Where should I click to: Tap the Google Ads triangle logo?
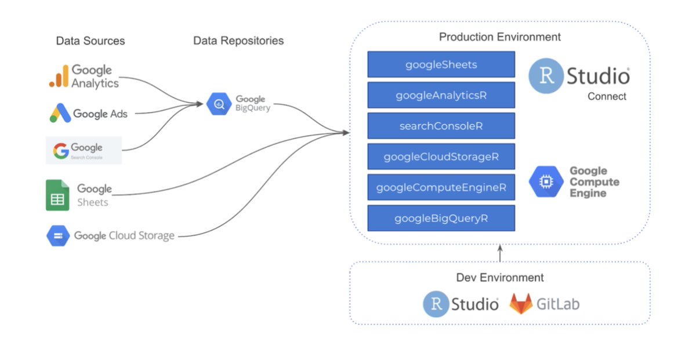click(60, 113)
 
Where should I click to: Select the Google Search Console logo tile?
click(84, 151)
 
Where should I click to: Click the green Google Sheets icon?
click(57, 195)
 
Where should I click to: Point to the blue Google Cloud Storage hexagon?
click(57, 236)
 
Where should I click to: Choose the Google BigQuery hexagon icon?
click(219, 104)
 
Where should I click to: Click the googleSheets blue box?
click(441, 64)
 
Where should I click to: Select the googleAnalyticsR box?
click(441, 95)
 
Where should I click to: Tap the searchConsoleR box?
click(441, 126)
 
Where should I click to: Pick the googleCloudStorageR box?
click(441, 157)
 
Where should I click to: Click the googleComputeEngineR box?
click(441, 187)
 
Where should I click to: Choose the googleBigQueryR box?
click(441, 218)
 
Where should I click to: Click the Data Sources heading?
click(90, 41)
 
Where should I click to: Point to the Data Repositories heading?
click(238, 41)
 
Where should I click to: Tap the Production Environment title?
click(499, 37)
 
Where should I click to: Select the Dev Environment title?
click(499, 277)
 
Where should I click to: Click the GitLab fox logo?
click(521, 304)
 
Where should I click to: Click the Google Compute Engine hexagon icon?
click(546, 181)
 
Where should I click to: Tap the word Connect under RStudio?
click(607, 96)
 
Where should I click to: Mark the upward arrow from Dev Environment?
click(499, 253)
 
